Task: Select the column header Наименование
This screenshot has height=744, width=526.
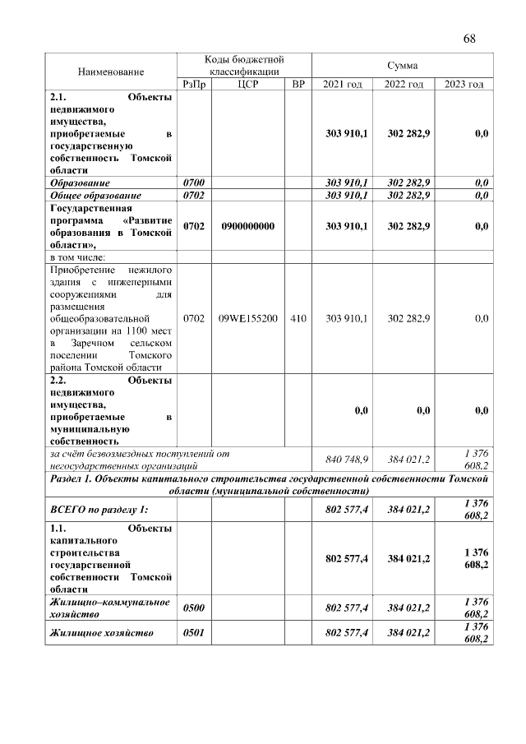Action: point(111,72)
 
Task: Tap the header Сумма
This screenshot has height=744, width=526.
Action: point(402,65)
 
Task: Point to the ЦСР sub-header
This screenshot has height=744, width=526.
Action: point(247,85)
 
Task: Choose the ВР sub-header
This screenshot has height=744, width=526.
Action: point(298,85)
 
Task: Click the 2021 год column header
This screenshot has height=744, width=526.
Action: point(342,85)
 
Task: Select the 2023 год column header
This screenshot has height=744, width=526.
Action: point(464,85)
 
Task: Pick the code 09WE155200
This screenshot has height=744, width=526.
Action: point(247,317)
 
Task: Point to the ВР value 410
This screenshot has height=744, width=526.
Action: point(298,317)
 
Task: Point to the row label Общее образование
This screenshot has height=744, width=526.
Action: point(96,196)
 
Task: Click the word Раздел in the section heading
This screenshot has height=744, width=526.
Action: point(67,478)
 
